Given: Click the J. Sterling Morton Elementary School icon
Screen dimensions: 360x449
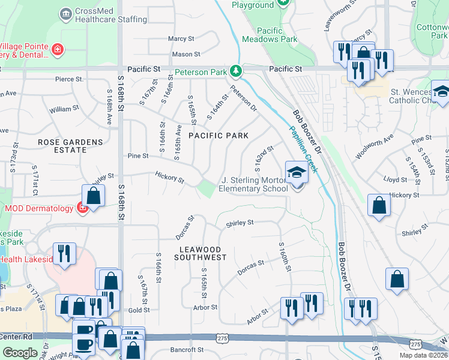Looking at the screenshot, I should (x=296, y=173).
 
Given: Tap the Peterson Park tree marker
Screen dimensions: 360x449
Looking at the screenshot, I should (x=237, y=72).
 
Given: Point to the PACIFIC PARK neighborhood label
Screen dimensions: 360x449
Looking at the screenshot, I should (x=218, y=136).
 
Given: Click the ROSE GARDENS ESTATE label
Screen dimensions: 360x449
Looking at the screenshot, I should (x=70, y=146).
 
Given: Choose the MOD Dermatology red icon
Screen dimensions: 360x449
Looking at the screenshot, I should (x=82, y=208).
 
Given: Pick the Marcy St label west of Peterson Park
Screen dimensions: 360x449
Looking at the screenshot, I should (x=181, y=38).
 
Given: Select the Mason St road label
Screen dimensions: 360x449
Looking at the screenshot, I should (x=182, y=54).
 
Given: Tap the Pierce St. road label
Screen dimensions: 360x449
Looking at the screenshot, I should (x=69, y=79).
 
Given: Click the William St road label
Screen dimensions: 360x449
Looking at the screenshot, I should (x=61, y=109).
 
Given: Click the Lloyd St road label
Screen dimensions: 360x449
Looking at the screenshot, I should (x=396, y=179).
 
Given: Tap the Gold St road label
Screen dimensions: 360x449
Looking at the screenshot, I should (x=139, y=310).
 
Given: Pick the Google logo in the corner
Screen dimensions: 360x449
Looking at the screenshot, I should (x=20, y=353).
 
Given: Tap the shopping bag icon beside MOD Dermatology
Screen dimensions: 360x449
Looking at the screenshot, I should (x=94, y=194).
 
